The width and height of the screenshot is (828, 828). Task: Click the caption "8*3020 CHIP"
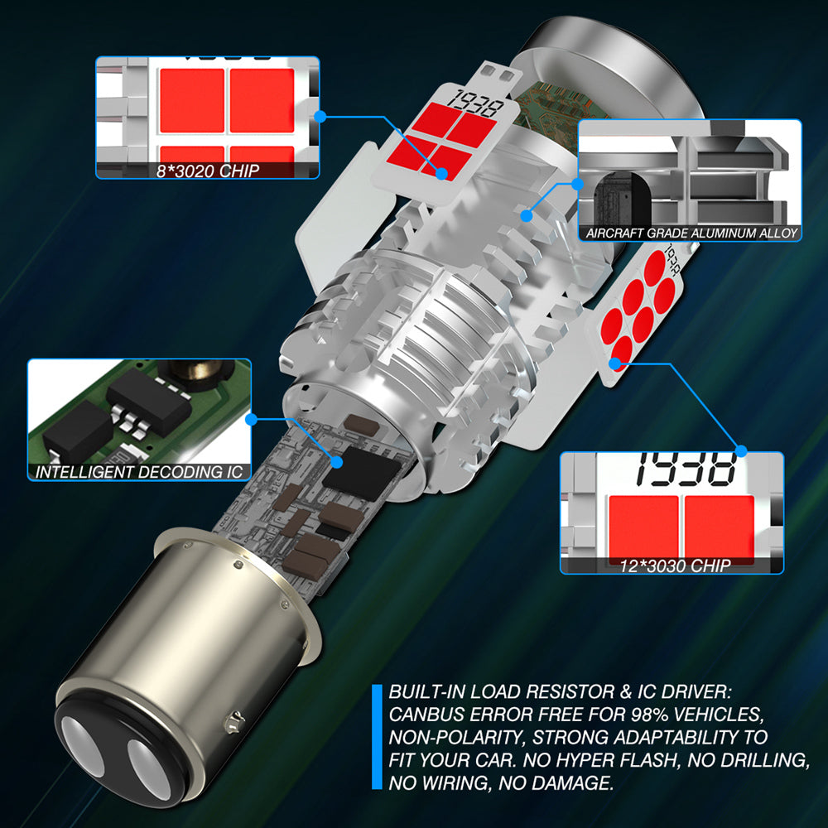[208, 171]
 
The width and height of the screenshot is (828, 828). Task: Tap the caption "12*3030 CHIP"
[676, 566]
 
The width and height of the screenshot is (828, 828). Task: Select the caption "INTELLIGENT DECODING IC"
[139, 472]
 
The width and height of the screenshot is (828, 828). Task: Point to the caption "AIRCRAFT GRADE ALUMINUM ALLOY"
[691, 233]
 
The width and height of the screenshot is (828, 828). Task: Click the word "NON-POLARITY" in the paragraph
[455, 737]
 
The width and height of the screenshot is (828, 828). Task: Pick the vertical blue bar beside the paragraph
[377, 737]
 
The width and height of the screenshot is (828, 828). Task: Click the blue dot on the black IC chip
[337, 462]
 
